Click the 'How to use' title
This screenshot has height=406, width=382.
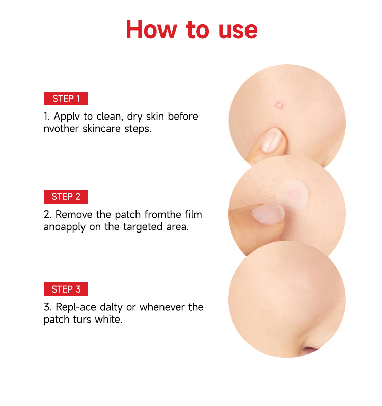192,30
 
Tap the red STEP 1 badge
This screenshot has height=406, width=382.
66,98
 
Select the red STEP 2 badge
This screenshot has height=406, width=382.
66,196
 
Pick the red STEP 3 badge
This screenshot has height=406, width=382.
66,289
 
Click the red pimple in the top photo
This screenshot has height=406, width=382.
279,105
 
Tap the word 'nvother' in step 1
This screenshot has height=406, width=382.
61,129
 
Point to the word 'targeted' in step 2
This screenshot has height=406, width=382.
142,227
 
